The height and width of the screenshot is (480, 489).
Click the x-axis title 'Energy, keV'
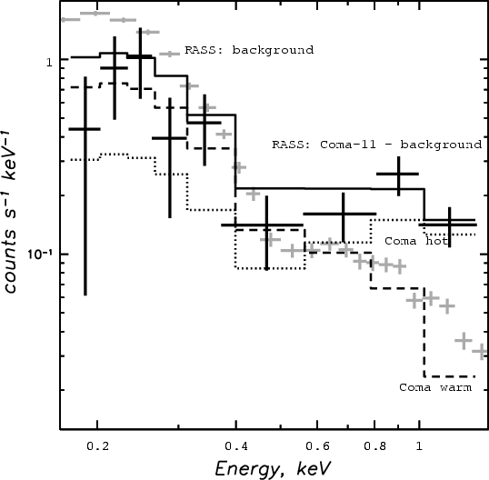[273, 469]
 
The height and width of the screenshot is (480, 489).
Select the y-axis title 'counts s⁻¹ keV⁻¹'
[10, 213]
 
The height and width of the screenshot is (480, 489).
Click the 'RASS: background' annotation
[249, 50]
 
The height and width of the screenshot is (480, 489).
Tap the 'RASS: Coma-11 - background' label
[376, 145]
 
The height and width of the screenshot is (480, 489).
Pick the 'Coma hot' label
[416, 241]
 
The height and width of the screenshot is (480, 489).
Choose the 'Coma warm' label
[435, 387]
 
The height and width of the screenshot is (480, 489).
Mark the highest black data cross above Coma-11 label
[398, 174]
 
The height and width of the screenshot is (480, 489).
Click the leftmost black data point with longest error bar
[85, 129]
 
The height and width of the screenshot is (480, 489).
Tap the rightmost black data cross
[449, 225]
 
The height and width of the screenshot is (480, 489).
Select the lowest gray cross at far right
[482, 352]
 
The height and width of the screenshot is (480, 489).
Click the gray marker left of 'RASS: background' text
[170, 54]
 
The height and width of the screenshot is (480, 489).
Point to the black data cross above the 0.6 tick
[343, 214]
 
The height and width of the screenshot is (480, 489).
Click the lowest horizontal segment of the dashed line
[449, 376]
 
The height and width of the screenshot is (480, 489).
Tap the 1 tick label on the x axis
[419, 446]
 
